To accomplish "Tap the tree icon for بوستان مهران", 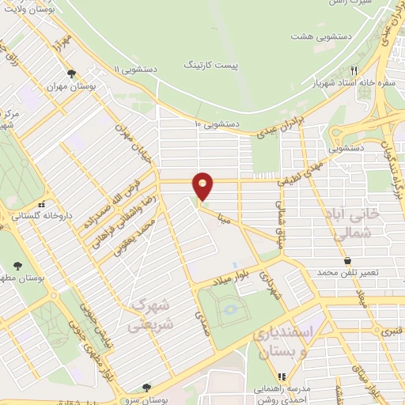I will (71, 74).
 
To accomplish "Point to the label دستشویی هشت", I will (316, 37).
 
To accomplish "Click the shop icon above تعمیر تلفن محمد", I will (347, 260).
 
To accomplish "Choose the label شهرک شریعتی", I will (148, 315).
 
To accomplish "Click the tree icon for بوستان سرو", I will (146, 388).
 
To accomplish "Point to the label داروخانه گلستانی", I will (29, 214).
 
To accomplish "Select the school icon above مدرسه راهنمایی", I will (278, 376).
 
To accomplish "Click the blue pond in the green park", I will (232, 309).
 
